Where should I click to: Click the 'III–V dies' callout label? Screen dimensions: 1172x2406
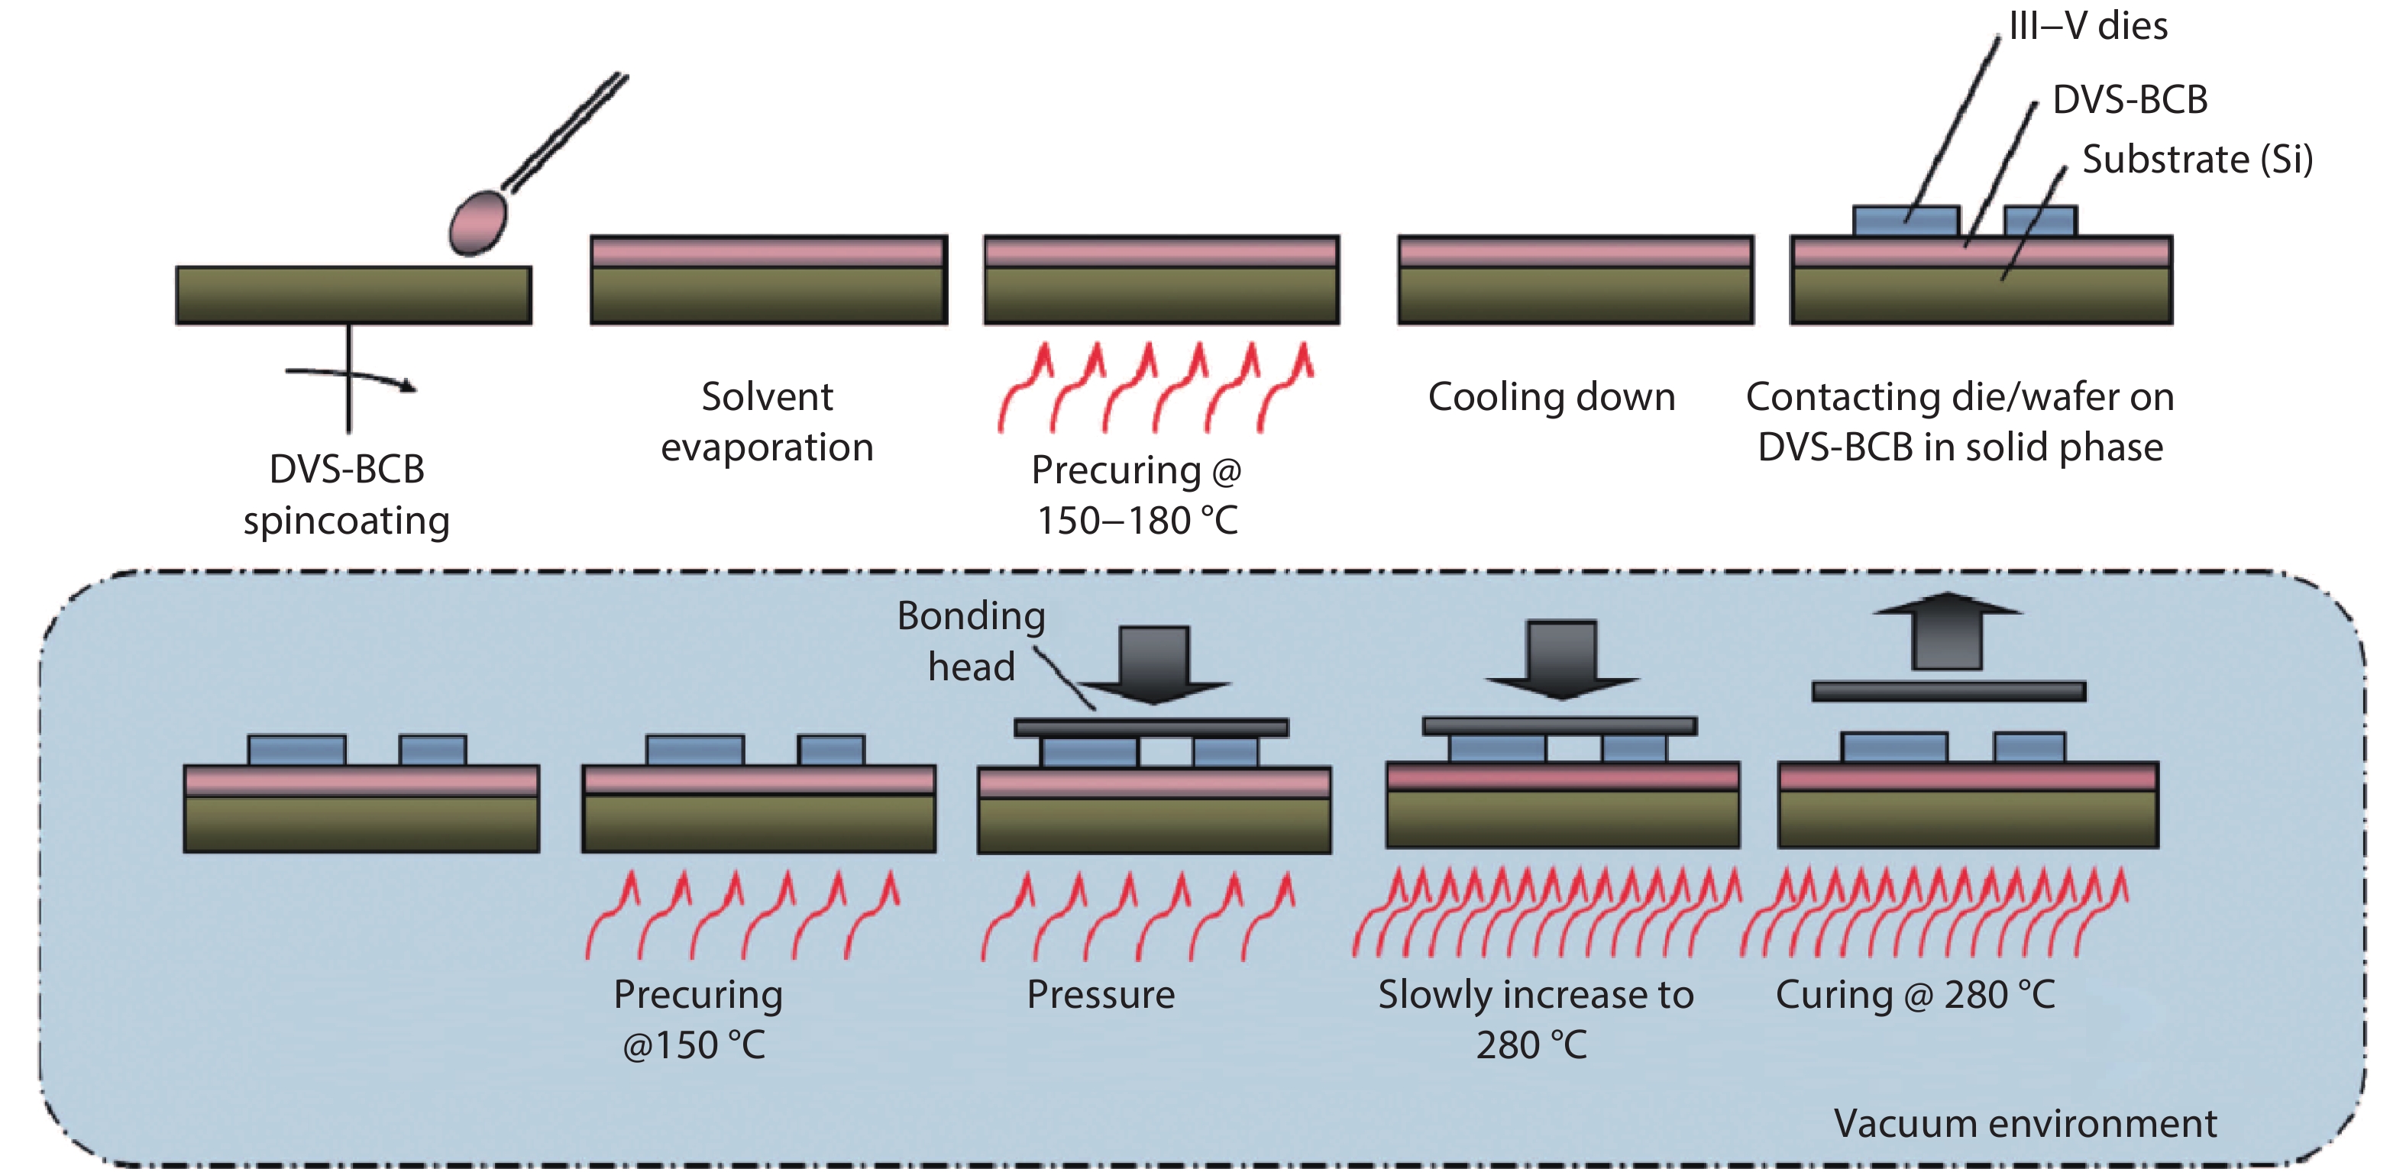pyautogui.click(x=2087, y=25)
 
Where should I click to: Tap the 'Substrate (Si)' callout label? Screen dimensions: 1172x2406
pyautogui.click(x=2197, y=160)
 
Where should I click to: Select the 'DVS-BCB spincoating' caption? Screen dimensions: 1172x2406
pyautogui.click(x=347, y=495)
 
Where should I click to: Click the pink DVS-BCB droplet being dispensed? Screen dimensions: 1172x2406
pyautogui.click(x=478, y=222)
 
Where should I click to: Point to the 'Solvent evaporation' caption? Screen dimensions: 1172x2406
pyautogui.click(x=767, y=422)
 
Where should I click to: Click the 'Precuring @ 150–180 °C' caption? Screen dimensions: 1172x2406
pyautogui.click(x=1137, y=495)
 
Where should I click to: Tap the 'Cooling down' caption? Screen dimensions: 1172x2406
pyautogui.click(x=1551, y=397)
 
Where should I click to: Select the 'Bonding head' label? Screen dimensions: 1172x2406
pyautogui.click(x=972, y=641)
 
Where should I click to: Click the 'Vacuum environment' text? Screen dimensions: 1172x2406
pyautogui.click(x=2025, y=1123)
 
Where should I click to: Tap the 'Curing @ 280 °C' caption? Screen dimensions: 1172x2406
pyautogui.click(x=1915, y=995)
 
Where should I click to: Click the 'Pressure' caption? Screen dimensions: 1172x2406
pyautogui.click(x=1100, y=995)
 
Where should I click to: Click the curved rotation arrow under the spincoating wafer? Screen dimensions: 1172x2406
pyautogui.click(x=351, y=377)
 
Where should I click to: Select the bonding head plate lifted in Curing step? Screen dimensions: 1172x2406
pyautogui.click(x=1948, y=691)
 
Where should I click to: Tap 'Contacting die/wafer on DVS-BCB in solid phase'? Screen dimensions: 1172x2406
pyautogui.click(x=1959, y=422)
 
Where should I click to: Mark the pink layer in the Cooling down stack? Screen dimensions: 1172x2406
pyautogui.click(x=1576, y=252)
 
